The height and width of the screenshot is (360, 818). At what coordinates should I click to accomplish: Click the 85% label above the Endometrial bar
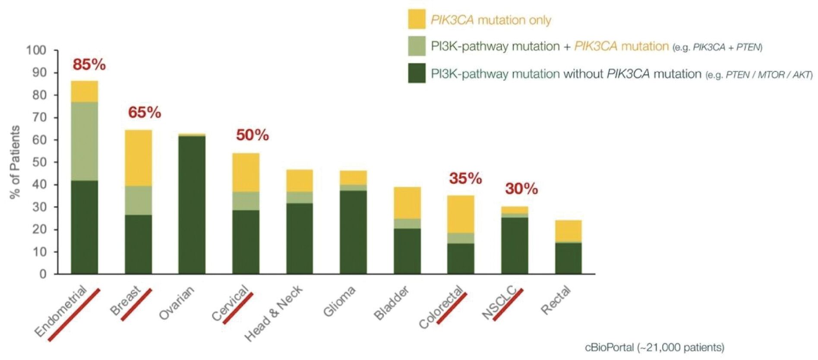(x=89, y=65)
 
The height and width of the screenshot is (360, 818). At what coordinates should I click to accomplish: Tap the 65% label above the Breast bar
(x=145, y=113)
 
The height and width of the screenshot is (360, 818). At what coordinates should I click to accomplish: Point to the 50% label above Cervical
(x=253, y=135)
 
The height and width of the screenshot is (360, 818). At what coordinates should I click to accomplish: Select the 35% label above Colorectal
(x=465, y=178)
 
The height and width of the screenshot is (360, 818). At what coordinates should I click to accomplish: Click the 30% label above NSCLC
(x=521, y=189)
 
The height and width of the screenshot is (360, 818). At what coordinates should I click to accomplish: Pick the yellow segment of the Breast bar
(x=139, y=158)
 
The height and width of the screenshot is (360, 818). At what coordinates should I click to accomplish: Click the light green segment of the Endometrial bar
(x=85, y=141)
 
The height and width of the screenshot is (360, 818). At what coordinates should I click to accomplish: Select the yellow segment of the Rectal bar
(x=568, y=231)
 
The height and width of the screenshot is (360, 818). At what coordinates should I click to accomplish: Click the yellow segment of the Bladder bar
(x=407, y=203)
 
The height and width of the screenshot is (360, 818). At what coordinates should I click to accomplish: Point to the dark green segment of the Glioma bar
(x=354, y=232)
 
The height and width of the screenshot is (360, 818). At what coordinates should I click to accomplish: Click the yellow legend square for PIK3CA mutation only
(x=417, y=19)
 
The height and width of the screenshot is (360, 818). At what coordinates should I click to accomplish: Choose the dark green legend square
(x=417, y=73)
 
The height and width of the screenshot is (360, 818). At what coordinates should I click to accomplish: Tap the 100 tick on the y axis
(x=36, y=50)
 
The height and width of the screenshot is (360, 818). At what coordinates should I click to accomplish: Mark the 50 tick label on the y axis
(x=39, y=162)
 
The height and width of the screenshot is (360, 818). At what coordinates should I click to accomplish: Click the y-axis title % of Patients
(x=15, y=162)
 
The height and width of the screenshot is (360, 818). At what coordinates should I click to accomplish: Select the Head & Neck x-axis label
(x=273, y=313)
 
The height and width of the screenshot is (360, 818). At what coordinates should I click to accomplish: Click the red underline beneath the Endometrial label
(x=74, y=315)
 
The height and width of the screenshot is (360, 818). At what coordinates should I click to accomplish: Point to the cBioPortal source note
(x=654, y=347)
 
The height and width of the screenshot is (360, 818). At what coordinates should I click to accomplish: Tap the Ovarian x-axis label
(x=177, y=303)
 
